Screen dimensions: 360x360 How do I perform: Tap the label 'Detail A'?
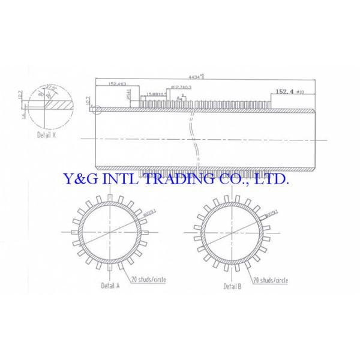click(110, 286)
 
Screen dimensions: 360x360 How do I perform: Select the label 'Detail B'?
click(232, 286)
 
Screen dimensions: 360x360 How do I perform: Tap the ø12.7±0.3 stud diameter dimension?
click(181, 87)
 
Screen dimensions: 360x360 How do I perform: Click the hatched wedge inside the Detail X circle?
click(58, 104)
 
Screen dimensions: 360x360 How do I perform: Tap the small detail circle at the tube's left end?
click(98, 109)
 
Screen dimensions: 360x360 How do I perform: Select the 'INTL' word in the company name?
click(119, 179)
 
